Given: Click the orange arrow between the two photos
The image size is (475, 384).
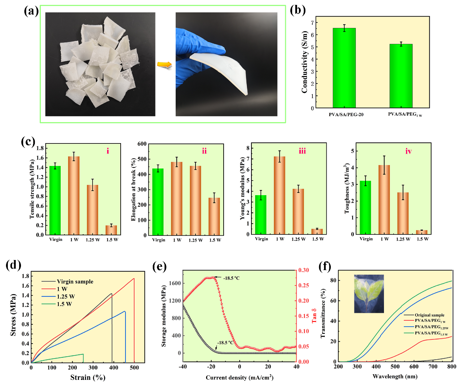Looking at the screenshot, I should (x=164, y=65).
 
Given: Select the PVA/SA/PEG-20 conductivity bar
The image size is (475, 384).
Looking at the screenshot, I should (x=344, y=68).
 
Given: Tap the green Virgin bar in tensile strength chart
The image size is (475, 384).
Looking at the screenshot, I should (x=55, y=200).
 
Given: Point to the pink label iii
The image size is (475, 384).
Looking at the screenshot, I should (x=302, y=151).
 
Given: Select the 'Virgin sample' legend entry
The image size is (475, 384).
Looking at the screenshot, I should (x=75, y=281).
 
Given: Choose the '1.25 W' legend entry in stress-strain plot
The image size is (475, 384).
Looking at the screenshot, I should (x=66, y=296).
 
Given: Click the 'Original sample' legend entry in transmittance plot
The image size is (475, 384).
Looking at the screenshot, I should (x=429, y=315).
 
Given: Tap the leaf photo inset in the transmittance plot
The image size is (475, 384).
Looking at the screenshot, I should (x=369, y=294).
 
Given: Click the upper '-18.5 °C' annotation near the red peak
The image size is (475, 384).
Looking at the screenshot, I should (x=231, y=278).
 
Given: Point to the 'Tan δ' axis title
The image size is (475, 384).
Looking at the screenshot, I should (x=314, y=316).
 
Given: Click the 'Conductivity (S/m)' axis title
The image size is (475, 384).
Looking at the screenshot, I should (x=305, y=62).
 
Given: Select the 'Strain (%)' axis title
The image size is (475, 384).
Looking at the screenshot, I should (x=88, y=377).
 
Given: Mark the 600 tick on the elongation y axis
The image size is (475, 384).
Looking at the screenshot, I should (x=142, y=144).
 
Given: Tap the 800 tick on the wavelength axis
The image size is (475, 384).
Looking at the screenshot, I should (x=451, y=366).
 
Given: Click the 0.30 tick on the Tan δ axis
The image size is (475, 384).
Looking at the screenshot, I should (x=303, y=270).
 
